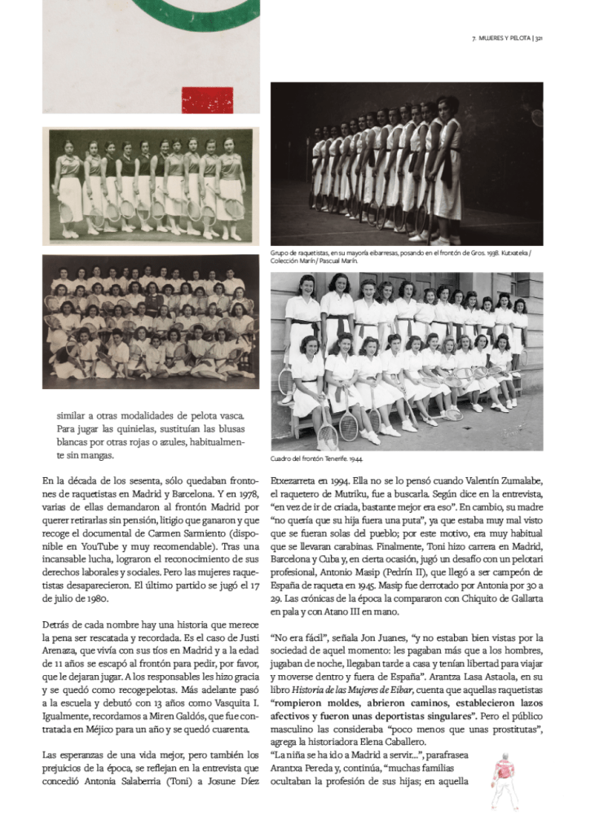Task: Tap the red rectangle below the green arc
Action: tap(207, 101)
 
